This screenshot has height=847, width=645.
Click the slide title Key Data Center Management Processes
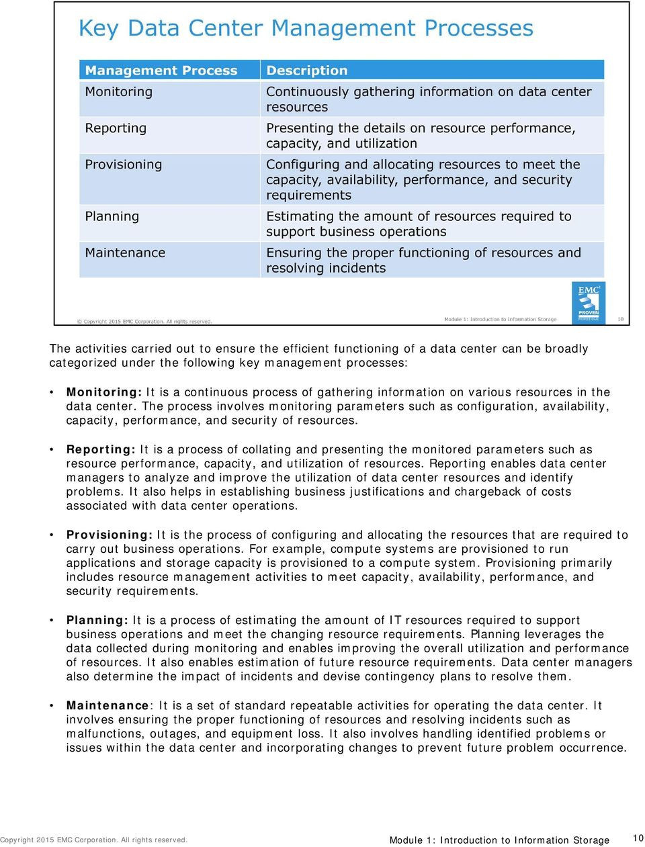(306, 28)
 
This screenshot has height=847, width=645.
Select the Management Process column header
(161, 71)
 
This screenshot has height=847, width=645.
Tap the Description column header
(306, 71)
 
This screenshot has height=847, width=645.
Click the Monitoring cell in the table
(119, 91)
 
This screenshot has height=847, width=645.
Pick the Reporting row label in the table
(116, 128)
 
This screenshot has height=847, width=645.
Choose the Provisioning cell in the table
(124, 164)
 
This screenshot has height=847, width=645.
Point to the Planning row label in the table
(112, 216)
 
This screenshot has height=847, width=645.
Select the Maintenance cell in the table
(125, 253)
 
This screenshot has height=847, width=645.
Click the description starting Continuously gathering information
(429, 99)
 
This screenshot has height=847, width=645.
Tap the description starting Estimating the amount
(418, 224)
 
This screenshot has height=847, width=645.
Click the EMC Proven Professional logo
(589, 302)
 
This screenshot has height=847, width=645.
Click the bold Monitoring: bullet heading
(104, 392)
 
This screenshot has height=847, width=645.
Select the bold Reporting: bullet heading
(101, 449)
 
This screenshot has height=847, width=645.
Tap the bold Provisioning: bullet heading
(110, 535)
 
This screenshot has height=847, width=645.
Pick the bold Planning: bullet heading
(97, 620)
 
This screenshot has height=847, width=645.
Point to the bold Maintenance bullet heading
(107, 705)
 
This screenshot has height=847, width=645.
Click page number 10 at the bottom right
(638, 838)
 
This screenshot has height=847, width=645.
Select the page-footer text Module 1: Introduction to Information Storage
(499, 840)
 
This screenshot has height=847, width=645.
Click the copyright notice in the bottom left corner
(94, 840)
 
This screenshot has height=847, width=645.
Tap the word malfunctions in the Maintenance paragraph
(104, 733)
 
